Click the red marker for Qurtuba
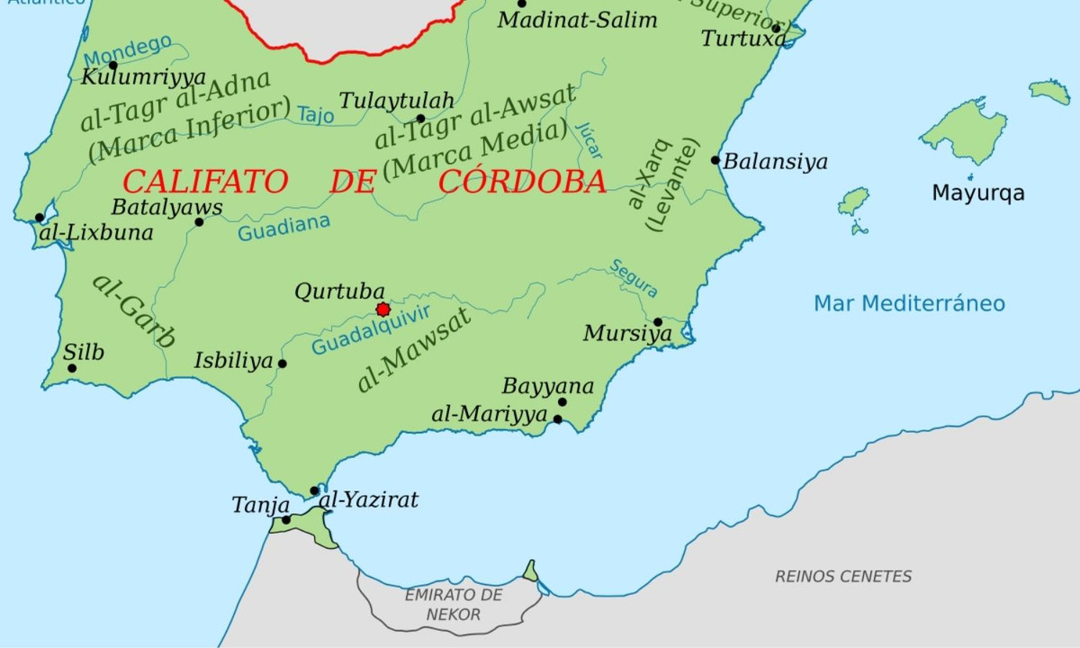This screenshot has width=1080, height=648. click(382, 310)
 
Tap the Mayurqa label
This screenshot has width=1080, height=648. click(977, 193)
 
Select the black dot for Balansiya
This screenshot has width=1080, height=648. click(715, 160)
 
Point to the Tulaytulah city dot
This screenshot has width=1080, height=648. click(420, 119)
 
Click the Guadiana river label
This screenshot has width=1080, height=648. click(283, 229)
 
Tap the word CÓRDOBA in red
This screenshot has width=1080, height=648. click(522, 182)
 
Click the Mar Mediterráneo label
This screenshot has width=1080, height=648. click(909, 303)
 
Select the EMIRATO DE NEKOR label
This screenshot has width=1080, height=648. click(453, 605)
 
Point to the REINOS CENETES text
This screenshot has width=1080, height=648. click(843, 577)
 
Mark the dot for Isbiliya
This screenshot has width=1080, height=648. click(283, 364)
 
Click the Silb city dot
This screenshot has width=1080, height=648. click(72, 368)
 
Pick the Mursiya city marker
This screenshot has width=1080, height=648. click(658, 322)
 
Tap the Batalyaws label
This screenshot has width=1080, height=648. click(166, 207)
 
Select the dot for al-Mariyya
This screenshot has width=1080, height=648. click(558, 419)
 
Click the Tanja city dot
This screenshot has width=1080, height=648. click(286, 519)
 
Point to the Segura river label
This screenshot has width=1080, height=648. click(634, 278)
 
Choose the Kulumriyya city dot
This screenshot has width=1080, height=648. click(112, 65)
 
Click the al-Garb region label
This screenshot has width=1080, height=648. click(133, 310)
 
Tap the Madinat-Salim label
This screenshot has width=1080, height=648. click(578, 20)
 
